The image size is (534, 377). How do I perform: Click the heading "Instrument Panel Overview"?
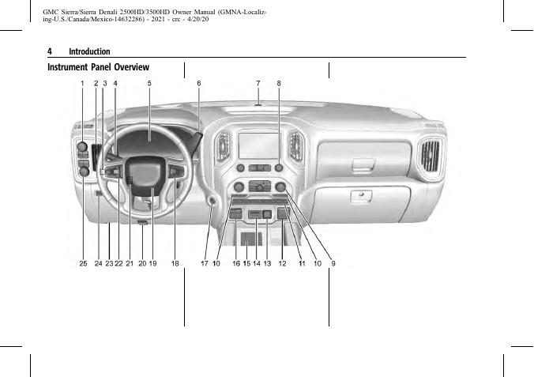pos(98,67)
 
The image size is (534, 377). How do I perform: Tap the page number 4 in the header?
pos(50,51)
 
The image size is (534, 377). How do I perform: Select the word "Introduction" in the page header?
pos(89,51)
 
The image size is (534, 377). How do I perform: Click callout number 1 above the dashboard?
pos(82,83)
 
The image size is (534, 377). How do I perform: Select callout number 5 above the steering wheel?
pos(149,83)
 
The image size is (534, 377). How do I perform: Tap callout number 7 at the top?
pos(258,83)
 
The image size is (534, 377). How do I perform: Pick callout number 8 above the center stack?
pos(279,83)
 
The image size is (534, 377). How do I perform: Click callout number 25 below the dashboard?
pos(83,263)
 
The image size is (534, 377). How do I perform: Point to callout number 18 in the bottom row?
pos(175,263)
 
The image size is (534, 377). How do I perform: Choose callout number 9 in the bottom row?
pos(333,263)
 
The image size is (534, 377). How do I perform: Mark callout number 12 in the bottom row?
pos(282,263)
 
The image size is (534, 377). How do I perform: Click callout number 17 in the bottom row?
pos(204,263)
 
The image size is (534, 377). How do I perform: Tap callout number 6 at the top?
pos(198,83)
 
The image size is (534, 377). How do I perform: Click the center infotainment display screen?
pos(259,145)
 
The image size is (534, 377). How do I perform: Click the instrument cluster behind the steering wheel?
pos(149,134)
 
